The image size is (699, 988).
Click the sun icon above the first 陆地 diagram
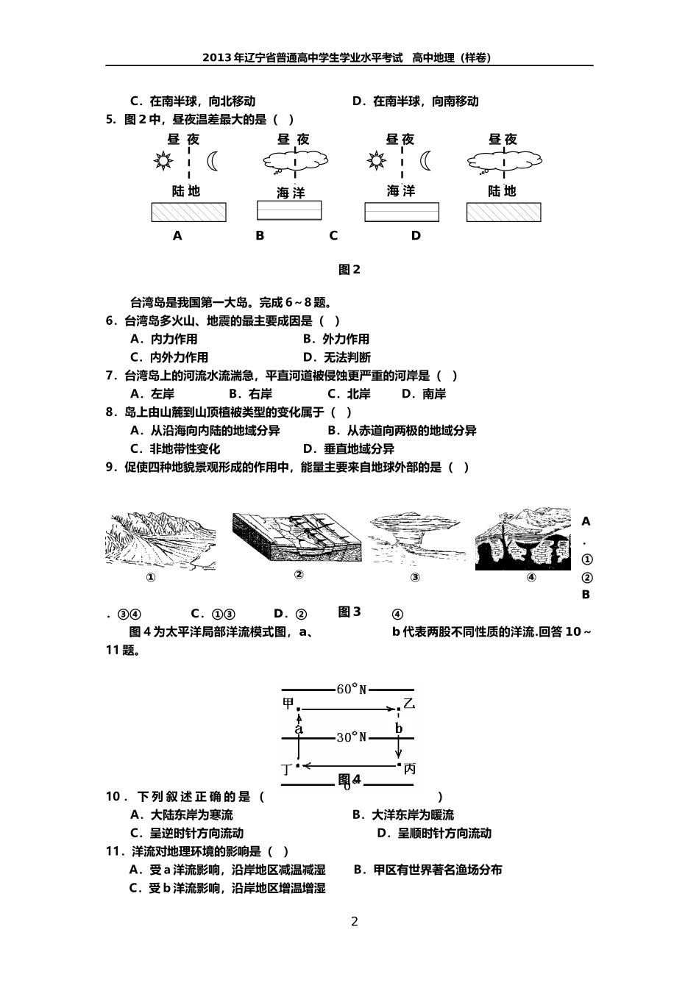[x=163, y=161]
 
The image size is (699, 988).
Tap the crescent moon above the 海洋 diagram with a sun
[x=426, y=161]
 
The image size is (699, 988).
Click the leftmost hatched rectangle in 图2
[x=188, y=212]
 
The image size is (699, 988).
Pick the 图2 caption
[x=349, y=270]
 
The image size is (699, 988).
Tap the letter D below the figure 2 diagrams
[x=416, y=236]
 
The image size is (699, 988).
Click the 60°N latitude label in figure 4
[x=351, y=690]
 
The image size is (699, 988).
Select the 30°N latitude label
[x=351, y=737]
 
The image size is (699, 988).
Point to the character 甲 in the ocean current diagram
[x=288, y=704]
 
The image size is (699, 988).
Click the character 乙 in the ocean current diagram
[x=409, y=704]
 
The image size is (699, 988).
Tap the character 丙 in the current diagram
[x=410, y=769]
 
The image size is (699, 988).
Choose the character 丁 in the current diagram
[x=287, y=769]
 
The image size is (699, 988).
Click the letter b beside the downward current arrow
[x=399, y=729]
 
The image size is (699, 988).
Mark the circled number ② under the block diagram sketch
[x=299, y=575]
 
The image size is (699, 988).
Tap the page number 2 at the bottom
[x=354, y=922]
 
